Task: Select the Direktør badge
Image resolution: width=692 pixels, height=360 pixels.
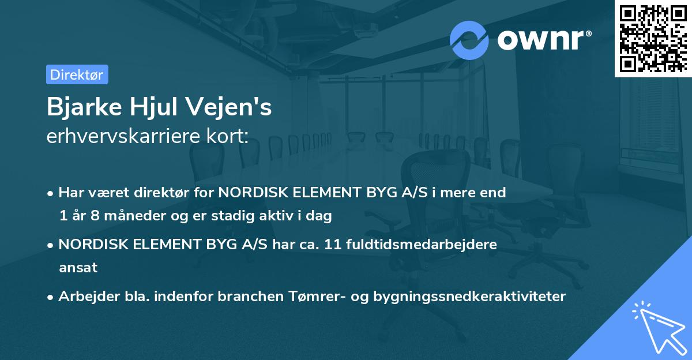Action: (x=77, y=74)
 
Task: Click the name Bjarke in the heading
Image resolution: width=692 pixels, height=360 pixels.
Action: (x=78, y=108)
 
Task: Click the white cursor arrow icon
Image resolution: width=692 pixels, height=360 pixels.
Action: (x=657, y=326)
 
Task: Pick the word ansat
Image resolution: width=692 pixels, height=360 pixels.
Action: (x=78, y=268)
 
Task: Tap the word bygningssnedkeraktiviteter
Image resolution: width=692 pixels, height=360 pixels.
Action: (x=470, y=297)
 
